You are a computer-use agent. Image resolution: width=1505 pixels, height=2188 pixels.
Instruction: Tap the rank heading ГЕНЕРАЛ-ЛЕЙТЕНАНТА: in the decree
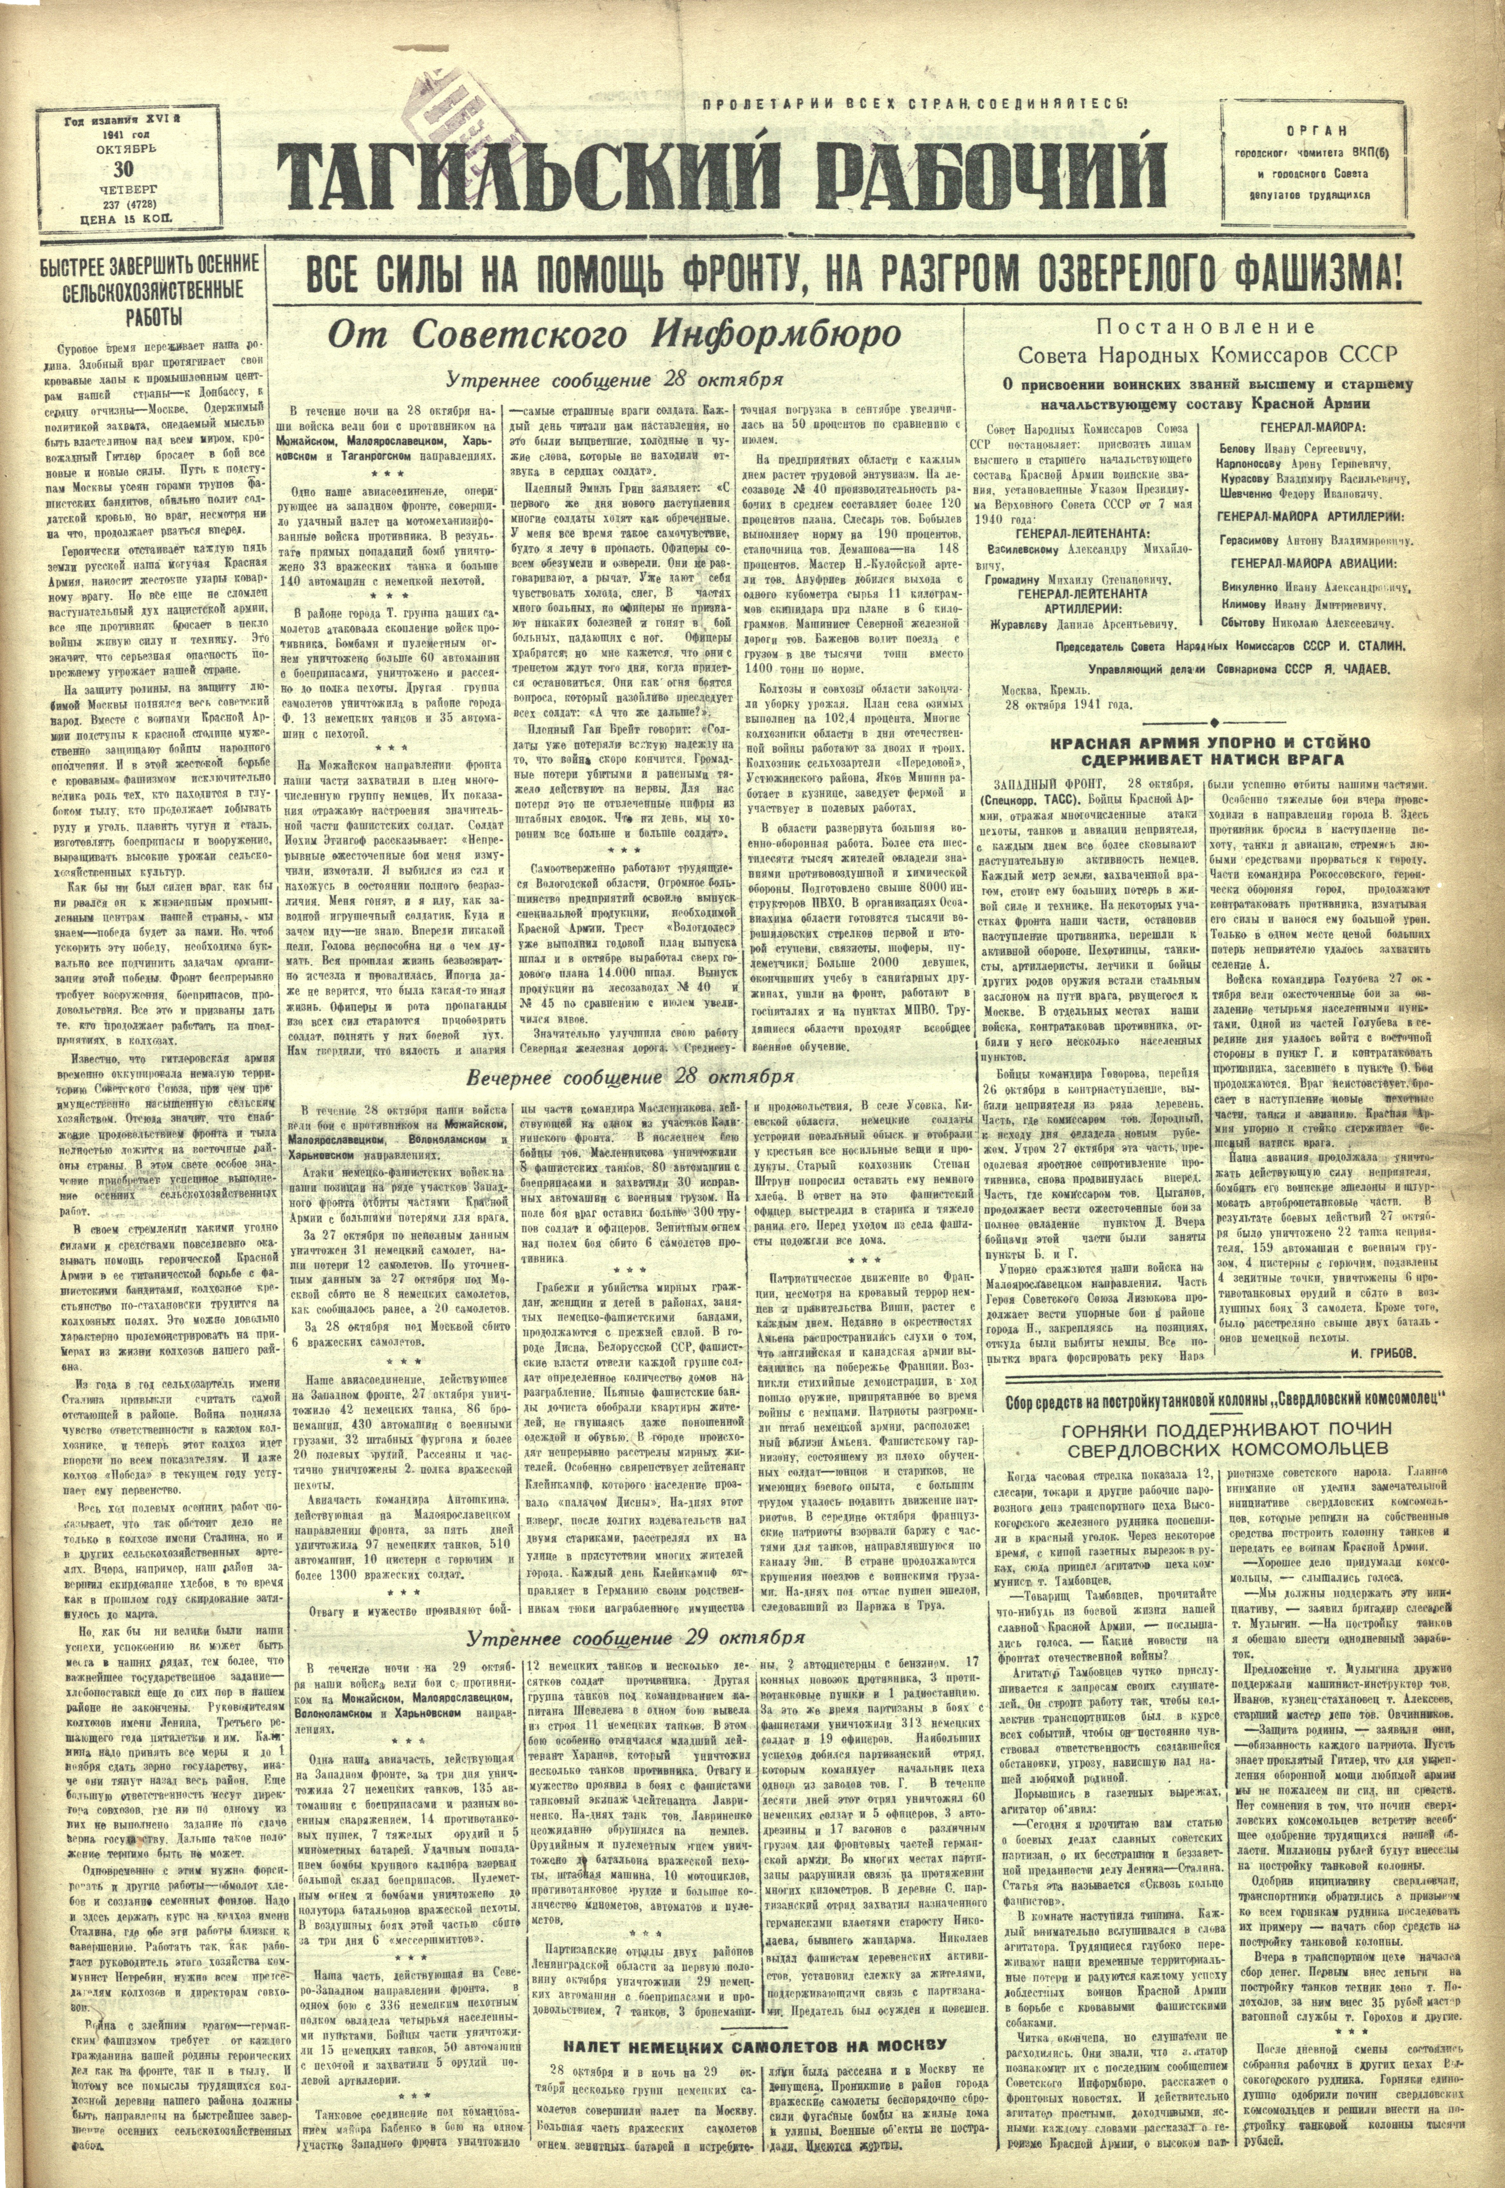point(1094,532)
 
